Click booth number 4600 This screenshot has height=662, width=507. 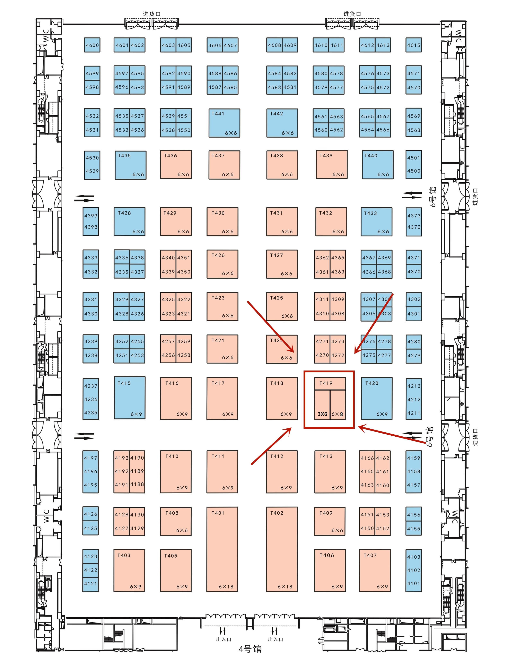point(92,45)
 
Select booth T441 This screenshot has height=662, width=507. point(224,123)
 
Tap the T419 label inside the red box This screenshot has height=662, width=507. point(326,383)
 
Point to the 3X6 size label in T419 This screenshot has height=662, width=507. point(322,414)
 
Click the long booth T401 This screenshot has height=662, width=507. point(222,549)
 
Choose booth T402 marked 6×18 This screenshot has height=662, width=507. point(282,549)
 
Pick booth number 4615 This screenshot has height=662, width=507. point(413,45)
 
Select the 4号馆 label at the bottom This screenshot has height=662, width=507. point(250,649)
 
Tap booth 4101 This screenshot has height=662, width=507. point(413,584)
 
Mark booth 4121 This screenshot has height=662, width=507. point(90,584)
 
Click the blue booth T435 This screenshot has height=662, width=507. point(130,165)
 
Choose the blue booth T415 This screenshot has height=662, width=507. point(130,398)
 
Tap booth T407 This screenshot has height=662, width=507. point(375,570)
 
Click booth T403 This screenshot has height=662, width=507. point(129,570)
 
